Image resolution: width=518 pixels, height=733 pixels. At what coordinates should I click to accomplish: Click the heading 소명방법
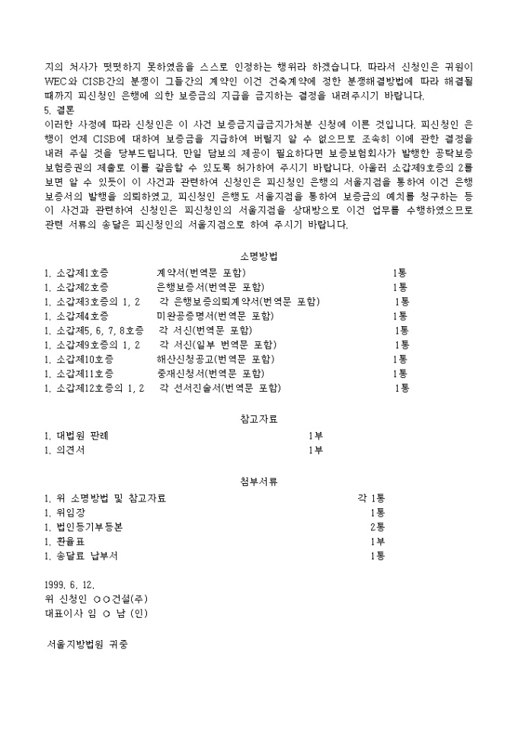pyautogui.click(x=258, y=256)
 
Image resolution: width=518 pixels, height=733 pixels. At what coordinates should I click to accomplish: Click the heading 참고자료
pyautogui.click(x=258, y=418)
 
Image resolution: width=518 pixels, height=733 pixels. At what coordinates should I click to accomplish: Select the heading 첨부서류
pyautogui.click(x=258, y=481)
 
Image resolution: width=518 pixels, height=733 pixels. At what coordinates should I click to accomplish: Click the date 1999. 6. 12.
pyautogui.click(x=70, y=584)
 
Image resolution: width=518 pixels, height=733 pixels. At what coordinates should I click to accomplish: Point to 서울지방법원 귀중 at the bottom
pyautogui.click(x=88, y=645)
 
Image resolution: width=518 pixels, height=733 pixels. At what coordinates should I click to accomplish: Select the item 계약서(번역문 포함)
pyautogui.click(x=201, y=273)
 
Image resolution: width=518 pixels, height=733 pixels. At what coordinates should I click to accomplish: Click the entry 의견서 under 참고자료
pyautogui.click(x=71, y=450)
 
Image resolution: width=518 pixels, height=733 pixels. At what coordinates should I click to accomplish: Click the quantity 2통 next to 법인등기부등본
pyautogui.click(x=377, y=527)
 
